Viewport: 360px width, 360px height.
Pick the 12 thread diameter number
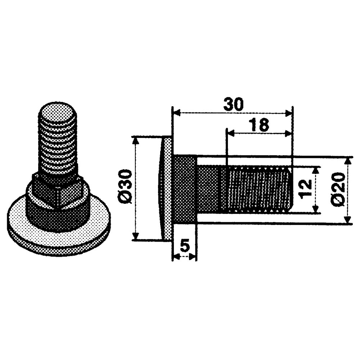(306, 189)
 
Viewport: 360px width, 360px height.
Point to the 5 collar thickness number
(185, 246)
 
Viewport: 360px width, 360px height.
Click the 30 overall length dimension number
(233, 105)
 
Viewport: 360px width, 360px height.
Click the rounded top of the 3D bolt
(58, 113)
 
